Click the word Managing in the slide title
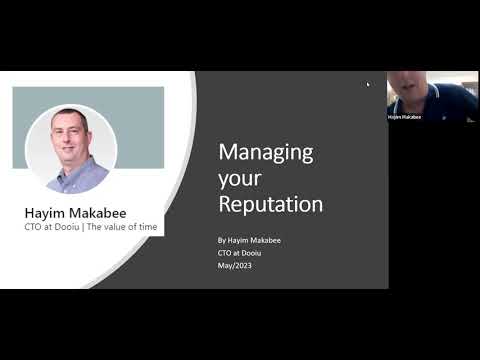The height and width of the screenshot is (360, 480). click(265, 154)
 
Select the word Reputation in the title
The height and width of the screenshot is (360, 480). click(270, 205)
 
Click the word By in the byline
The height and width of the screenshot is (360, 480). click(222, 241)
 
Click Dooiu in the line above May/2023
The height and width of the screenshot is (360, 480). click(249, 252)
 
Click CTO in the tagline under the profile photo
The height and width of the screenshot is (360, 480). click(34, 227)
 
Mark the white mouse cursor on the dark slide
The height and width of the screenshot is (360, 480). click(368, 84)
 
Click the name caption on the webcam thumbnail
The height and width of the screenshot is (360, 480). click(404, 117)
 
